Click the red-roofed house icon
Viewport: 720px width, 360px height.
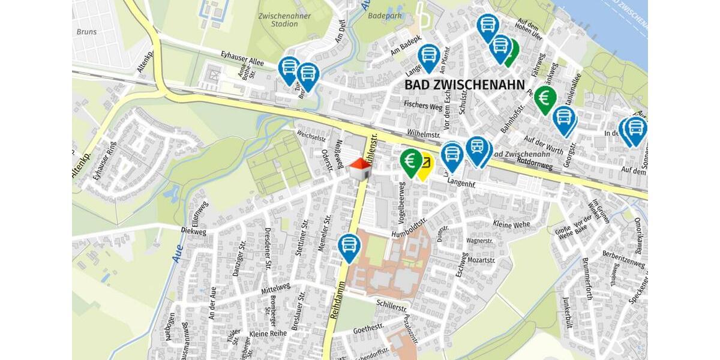360,169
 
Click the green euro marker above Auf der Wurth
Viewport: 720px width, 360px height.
545,98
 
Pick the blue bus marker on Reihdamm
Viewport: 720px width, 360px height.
349,247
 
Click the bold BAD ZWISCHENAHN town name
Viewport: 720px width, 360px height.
464,85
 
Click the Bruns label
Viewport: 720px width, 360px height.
86,31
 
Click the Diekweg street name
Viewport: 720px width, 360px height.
193,229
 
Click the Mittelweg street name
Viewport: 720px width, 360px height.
275,288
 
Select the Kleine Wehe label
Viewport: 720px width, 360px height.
511,225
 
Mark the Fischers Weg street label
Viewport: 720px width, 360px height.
422,107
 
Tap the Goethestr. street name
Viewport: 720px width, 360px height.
368,329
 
